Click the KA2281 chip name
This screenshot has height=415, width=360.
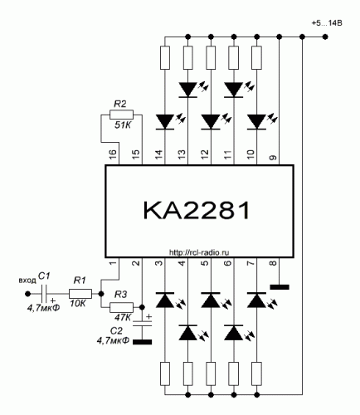click(197, 210)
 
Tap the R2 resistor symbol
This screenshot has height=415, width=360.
click(121, 115)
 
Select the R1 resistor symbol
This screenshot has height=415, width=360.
click(80, 294)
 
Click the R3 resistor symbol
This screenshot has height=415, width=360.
click(121, 307)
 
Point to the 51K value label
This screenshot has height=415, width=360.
click(123, 125)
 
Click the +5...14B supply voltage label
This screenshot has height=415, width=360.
click(327, 23)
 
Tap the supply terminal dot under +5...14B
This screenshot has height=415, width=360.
click(325, 37)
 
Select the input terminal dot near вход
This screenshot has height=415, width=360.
click(27, 294)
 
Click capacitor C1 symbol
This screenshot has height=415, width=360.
click(44, 294)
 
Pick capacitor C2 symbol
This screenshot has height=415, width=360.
click(142, 324)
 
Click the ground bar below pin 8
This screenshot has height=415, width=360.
click(280, 287)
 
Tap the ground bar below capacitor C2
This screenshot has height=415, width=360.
click(142, 342)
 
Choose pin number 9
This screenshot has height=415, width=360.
click(273, 158)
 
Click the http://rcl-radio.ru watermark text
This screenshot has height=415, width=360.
click(199, 252)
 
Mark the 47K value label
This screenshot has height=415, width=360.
click(123, 317)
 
